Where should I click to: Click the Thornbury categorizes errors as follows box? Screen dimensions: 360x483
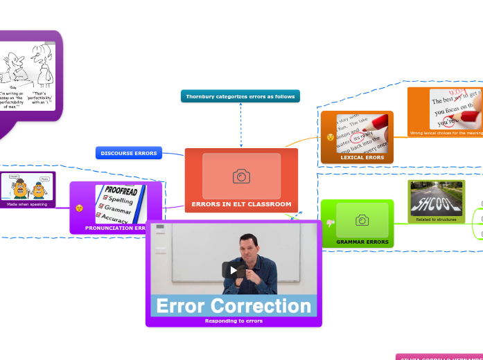(x=240, y=96)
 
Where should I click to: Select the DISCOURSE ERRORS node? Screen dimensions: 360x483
(x=128, y=153)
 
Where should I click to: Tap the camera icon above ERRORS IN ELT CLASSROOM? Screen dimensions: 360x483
(x=241, y=177)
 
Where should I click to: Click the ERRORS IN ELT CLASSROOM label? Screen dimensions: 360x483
(x=241, y=204)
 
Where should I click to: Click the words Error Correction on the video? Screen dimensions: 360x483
(x=234, y=305)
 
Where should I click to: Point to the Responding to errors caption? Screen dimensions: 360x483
(x=234, y=321)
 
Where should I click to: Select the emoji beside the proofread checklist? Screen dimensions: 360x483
(x=80, y=208)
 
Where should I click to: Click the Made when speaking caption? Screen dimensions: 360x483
(x=27, y=204)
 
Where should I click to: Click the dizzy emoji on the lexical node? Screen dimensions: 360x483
(x=331, y=137)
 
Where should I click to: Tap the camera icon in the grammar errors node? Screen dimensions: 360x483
(x=362, y=220)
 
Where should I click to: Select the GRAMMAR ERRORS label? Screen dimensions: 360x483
(x=362, y=242)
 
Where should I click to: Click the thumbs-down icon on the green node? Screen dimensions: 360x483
(x=330, y=222)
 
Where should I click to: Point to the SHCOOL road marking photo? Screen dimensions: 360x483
(x=436, y=198)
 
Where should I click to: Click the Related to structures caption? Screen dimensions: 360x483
(x=436, y=219)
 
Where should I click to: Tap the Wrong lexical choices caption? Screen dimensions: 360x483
(x=446, y=133)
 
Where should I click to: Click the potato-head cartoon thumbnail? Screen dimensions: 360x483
(x=27, y=187)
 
